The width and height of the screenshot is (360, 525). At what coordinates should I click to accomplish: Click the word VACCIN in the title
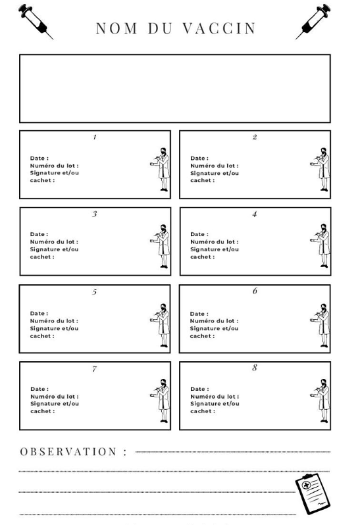tap(219, 28)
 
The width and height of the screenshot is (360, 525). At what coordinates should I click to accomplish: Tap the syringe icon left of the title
tap(36, 22)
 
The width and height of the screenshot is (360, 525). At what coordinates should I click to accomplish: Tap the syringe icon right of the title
tap(313, 22)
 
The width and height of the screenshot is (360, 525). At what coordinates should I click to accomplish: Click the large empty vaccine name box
tap(175, 88)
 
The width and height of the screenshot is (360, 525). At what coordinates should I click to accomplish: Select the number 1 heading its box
tap(95, 137)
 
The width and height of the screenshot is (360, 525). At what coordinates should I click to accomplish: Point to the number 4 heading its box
tap(255, 214)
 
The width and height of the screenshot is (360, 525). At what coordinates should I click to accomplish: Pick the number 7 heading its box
tap(94, 368)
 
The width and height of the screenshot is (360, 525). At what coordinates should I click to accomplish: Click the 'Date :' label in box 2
tap(199, 158)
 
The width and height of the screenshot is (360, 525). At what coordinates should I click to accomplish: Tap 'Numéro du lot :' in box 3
tap(54, 241)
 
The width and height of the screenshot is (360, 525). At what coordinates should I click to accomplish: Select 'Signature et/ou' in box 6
tap(214, 328)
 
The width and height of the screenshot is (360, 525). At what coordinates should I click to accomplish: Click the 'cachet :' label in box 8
tap(203, 411)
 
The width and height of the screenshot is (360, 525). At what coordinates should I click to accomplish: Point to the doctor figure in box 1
tap(160, 170)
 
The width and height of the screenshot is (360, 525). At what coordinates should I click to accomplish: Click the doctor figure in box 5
tap(160, 325)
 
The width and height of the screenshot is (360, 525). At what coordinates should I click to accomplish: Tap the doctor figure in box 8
tap(320, 401)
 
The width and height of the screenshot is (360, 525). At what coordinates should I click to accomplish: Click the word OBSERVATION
tap(68, 452)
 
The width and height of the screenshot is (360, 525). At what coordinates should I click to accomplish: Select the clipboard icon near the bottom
tap(313, 494)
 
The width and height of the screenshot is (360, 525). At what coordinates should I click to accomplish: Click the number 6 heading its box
tap(255, 291)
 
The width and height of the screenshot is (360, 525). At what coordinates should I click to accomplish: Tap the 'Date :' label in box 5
tap(39, 313)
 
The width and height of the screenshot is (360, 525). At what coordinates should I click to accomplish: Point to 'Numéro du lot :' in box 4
tap(215, 241)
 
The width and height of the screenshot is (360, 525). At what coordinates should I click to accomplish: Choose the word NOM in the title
tap(116, 28)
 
